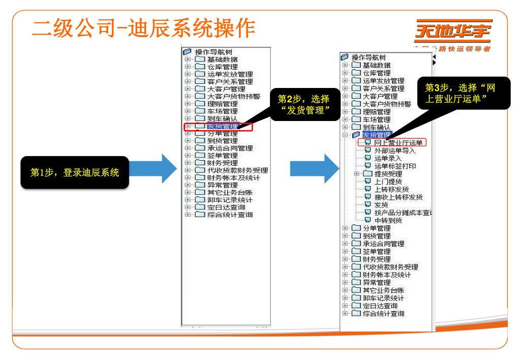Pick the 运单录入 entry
click(388, 158)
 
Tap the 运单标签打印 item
click(394, 166)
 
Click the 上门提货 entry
click(388, 181)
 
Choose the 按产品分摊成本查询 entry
click(402, 212)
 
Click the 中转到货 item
click(388, 220)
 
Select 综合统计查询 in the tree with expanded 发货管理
click(383, 313)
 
